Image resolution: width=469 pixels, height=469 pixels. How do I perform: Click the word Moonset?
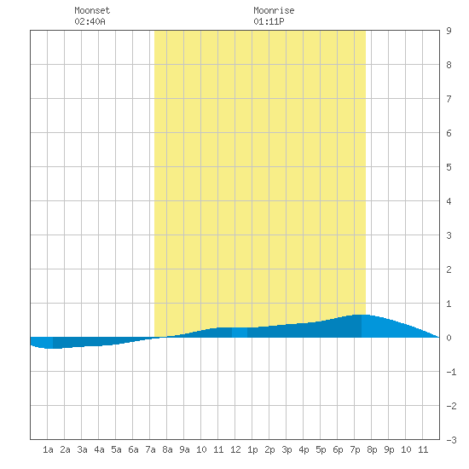92,10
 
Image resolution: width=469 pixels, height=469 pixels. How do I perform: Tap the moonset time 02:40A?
90,21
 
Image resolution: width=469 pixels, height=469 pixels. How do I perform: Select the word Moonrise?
274,10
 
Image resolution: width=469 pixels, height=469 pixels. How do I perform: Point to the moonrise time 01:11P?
269,21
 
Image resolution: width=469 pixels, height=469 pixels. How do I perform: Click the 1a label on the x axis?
48,449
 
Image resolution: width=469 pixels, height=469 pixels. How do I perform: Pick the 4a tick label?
99,449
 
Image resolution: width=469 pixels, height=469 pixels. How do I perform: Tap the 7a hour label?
150,449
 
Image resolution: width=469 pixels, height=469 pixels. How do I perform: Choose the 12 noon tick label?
235,449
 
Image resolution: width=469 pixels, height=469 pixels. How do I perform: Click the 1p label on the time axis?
252,450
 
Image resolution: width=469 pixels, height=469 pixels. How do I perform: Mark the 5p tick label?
321,450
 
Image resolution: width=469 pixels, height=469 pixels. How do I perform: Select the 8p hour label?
372,450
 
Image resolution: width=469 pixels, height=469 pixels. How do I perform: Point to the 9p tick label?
389,450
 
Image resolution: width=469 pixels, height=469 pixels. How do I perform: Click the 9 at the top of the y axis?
449,31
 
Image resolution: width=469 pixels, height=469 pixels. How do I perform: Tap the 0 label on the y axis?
449,338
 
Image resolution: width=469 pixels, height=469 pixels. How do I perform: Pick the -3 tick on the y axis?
451,440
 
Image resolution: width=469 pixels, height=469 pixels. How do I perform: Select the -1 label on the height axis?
451,372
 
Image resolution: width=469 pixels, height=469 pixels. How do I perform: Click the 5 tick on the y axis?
449,167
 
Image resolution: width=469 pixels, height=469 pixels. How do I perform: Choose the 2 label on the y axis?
449,269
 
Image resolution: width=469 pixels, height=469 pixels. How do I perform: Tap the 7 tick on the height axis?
449,99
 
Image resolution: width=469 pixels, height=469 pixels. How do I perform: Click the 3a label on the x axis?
82,449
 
